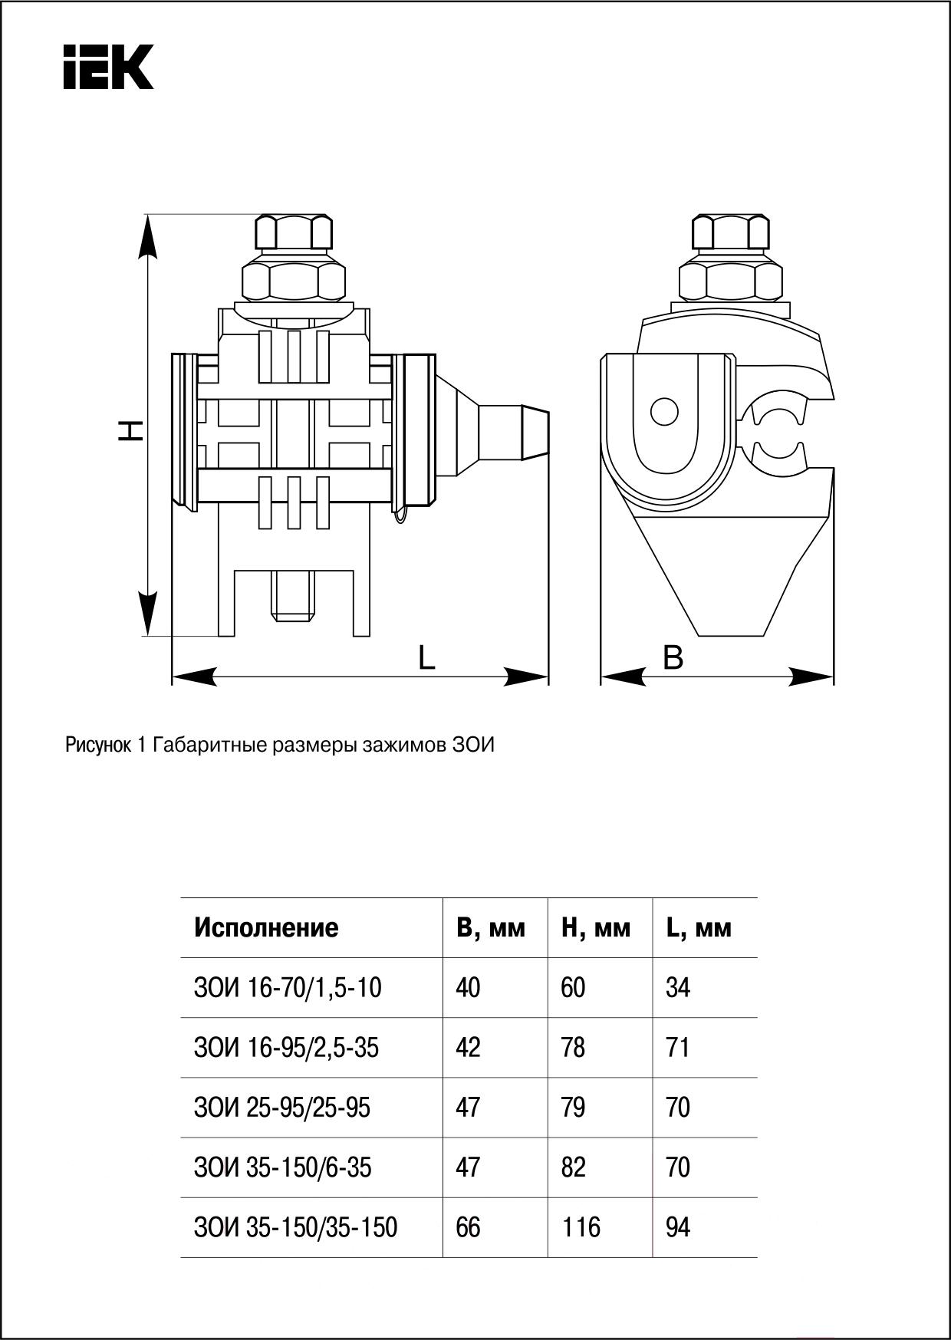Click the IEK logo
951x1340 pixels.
click(108, 67)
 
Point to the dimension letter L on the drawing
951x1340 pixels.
click(426, 658)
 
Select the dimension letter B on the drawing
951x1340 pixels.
click(673, 657)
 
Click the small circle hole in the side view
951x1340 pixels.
click(664, 412)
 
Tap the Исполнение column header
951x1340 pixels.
click(265, 927)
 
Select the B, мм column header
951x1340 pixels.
click(491, 928)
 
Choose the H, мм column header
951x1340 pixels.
click(596, 928)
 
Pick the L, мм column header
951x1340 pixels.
click(699, 928)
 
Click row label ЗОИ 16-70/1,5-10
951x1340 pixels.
click(288, 988)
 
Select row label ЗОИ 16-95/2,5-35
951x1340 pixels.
click(286, 1048)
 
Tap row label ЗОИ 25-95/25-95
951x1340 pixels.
click(282, 1108)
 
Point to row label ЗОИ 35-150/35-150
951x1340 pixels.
click(296, 1227)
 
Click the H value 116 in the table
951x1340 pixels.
click(581, 1227)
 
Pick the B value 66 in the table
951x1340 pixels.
click(468, 1227)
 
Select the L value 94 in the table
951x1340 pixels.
click(678, 1227)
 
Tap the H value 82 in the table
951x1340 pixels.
click(573, 1167)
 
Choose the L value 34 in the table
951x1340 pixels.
click(678, 988)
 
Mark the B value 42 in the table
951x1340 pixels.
click(468, 1048)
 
